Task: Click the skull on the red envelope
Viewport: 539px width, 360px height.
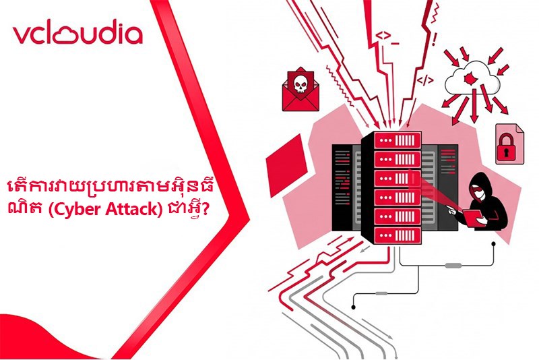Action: pos(300,84)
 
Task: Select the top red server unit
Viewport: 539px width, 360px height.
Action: pos(398,140)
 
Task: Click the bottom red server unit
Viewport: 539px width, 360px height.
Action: pos(398,235)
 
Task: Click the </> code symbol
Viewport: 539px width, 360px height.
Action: pos(425,80)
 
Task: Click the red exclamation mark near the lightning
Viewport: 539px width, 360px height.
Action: pos(435,40)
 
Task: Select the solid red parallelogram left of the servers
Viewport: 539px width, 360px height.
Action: pos(287,165)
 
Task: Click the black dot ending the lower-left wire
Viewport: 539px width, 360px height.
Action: pos(353,307)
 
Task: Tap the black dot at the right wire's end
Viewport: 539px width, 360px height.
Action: pos(494,244)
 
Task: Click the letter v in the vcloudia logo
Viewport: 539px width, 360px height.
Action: pos(22,36)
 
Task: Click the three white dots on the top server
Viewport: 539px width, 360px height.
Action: pos(385,141)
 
